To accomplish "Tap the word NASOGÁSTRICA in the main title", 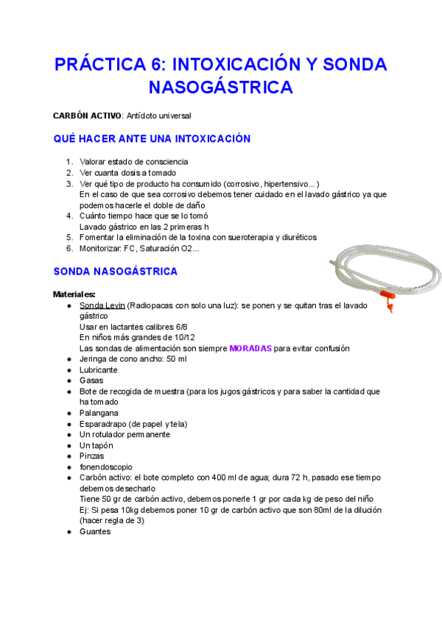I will pyautogui.click(x=221, y=88).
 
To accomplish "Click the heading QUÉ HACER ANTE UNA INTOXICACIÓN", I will pyautogui.click(x=152, y=138).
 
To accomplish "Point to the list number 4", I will pyautogui.click(x=69, y=216).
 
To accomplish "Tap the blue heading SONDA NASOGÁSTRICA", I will pyautogui.click(x=115, y=272).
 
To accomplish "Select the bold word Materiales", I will pyautogui.click(x=74, y=294).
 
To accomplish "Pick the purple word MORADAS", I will pyautogui.click(x=250, y=348).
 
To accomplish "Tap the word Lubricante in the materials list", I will pyautogui.click(x=99, y=369).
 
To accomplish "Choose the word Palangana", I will pyautogui.click(x=99, y=413).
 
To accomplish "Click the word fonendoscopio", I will pyautogui.click(x=106, y=467).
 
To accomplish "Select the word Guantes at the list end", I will pyautogui.click(x=95, y=531).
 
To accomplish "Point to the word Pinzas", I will pyautogui.click(x=92, y=456).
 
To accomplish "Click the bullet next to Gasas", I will pyautogui.click(x=69, y=380).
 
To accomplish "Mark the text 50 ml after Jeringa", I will pyautogui.click(x=177, y=358).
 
